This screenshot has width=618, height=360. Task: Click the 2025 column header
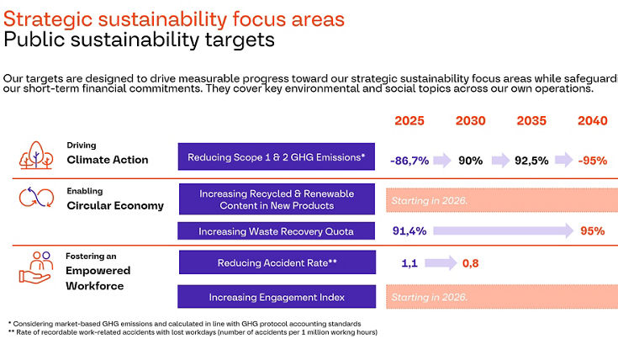click(409, 121)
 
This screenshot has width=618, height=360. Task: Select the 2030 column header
click(471, 121)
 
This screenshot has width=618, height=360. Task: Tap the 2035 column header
click(532, 121)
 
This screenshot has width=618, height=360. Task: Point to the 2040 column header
click(592, 121)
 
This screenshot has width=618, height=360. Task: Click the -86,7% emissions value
click(409, 159)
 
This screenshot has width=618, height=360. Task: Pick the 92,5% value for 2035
click(532, 159)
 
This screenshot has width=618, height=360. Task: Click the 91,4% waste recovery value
click(409, 230)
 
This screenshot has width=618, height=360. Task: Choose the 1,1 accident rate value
click(409, 263)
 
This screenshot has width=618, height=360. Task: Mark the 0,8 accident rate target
click(471, 263)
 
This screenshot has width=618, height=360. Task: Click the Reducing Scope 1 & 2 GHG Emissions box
click(277, 157)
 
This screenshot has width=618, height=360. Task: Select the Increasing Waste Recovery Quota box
click(277, 230)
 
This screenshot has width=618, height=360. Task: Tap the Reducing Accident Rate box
click(277, 263)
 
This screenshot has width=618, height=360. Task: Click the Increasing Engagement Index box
click(277, 297)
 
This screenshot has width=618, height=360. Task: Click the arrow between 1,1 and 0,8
click(441, 263)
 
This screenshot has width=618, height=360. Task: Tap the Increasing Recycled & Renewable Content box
click(277, 199)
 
